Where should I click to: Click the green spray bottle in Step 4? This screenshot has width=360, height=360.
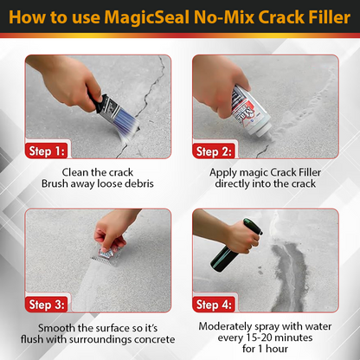click(x=228, y=247)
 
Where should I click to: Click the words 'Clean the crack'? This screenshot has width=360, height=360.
click(x=97, y=171)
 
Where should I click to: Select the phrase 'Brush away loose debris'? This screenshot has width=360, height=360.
click(x=97, y=184)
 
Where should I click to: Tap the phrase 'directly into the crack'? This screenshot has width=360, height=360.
click(x=265, y=184)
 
